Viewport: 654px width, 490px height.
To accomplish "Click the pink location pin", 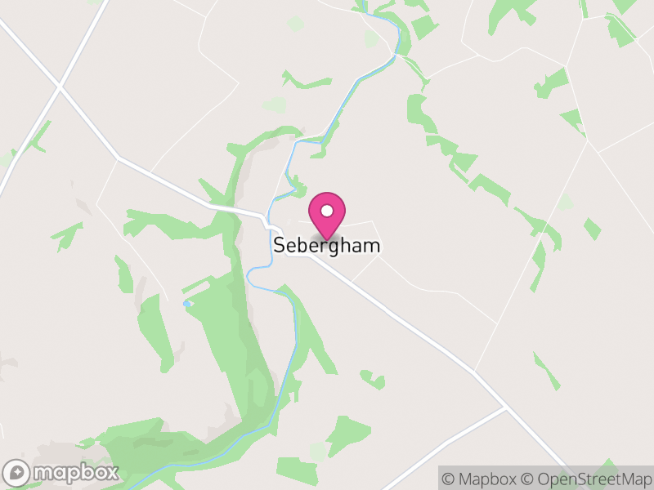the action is click(327, 214).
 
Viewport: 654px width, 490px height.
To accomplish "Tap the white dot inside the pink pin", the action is click(327, 210).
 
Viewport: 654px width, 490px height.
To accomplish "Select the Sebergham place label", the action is click(327, 245).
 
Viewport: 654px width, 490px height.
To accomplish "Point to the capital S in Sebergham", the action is click(279, 245).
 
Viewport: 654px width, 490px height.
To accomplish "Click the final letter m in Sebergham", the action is click(373, 245).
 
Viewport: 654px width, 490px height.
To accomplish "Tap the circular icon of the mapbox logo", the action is click(17, 472).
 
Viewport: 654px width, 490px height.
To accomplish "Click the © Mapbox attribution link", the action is click(478, 479).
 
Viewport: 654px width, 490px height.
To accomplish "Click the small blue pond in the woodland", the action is click(187, 304).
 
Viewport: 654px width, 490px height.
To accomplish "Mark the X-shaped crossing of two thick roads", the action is click(59, 85).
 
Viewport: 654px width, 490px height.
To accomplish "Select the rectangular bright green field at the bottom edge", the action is click(296, 470).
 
